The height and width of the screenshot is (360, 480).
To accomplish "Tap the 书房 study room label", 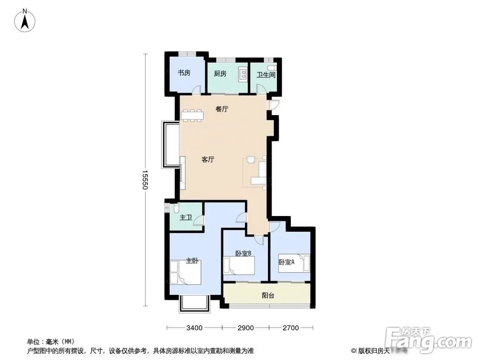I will coord(184,73).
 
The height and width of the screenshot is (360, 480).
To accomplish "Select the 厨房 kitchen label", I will coord(220,73).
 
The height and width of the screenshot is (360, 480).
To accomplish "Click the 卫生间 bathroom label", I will coord(266,75).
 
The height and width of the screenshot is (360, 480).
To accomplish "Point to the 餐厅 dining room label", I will coord(222,109).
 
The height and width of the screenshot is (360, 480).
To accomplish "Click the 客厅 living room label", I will coord(208,160).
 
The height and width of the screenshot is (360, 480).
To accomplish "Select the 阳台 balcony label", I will coord(268,296).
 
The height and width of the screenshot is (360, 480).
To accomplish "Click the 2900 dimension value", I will coord(245,328).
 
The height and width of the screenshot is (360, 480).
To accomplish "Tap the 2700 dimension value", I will coord(291,328).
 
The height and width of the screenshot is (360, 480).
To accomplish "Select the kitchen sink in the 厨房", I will coord(243,74).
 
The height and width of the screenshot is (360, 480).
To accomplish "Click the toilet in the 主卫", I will coord(176,209).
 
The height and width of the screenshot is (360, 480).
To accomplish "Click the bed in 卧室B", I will coord(241,265).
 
